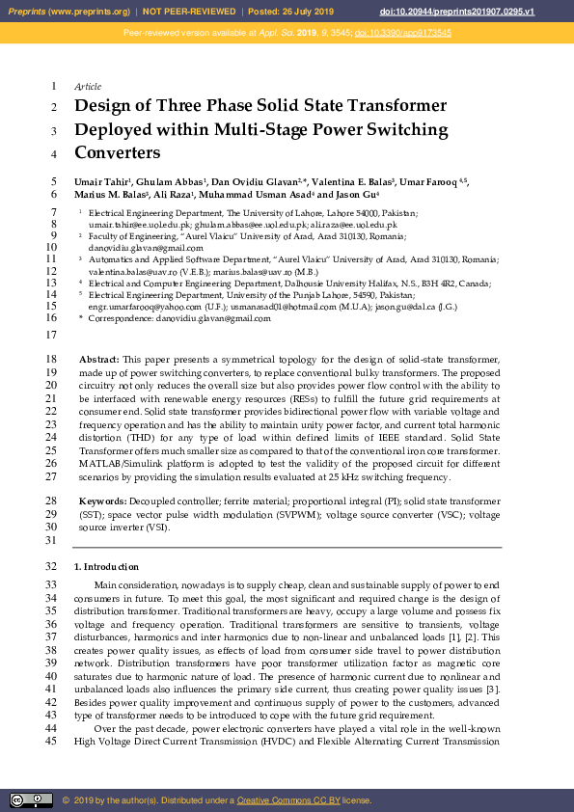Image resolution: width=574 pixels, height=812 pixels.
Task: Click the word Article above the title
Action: pos(88,87)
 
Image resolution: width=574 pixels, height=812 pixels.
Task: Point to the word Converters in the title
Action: pos(117,152)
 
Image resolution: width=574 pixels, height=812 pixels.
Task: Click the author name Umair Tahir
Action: pos(101,182)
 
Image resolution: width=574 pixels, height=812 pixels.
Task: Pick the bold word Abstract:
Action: pos(98,359)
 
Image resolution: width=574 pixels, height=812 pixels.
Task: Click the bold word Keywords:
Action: pos(102,502)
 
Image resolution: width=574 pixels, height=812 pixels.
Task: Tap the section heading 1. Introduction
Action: pos(106,567)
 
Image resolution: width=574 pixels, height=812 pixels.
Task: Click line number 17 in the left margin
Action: pos(52,335)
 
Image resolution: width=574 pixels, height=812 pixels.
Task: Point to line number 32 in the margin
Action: pos(52,567)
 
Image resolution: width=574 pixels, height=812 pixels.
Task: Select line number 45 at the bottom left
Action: pos(52,742)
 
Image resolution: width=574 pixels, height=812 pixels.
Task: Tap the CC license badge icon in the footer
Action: pos(31,799)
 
